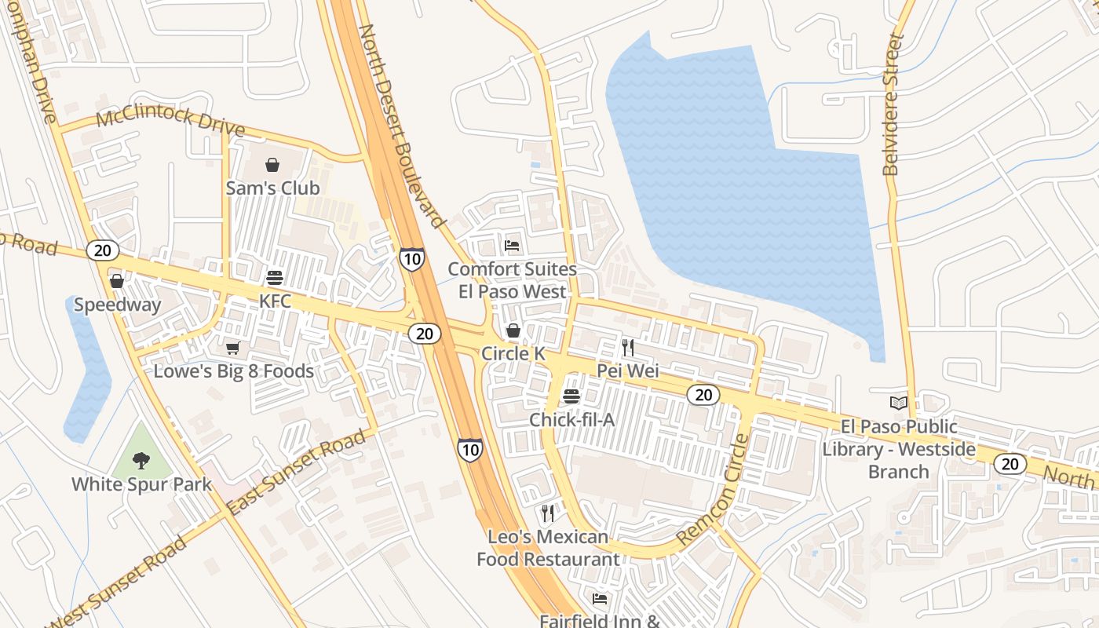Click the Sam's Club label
pos(272,188)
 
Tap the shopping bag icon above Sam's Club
pos(272,165)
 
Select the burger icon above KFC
pos(275,278)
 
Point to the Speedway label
pos(117,305)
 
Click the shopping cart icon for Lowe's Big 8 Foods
pos(232,348)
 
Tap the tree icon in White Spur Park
pos(141,460)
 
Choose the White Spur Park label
pos(141,484)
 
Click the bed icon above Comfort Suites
pos(512,246)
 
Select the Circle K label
pos(513,354)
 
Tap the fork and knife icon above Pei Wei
pos(627,347)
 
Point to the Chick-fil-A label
pos(571,420)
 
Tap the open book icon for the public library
pos(898,403)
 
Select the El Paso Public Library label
pos(899,449)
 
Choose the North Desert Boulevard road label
pos(401,126)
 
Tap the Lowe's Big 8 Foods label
pos(233,371)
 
